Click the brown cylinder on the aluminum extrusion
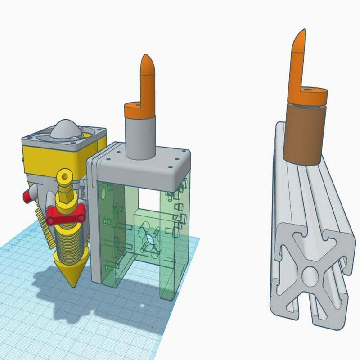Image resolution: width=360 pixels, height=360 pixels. click(x=304, y=134)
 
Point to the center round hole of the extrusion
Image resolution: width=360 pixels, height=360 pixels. click(x=310, y=275)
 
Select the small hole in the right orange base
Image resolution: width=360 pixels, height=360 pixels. click(x=308, y=90)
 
